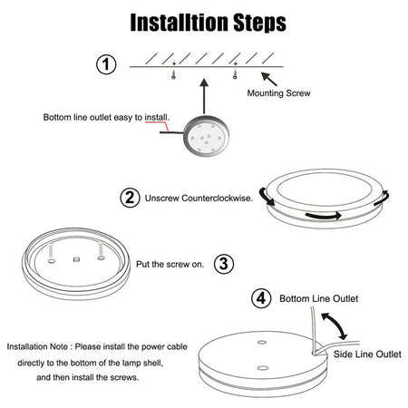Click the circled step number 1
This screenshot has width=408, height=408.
(106, 64)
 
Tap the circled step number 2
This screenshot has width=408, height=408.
(130, 198)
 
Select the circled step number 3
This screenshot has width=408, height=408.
(224, 264)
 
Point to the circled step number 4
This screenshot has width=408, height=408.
(261, 298)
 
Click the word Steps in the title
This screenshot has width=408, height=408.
(260, 23)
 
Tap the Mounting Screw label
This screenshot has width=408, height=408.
(278, 93)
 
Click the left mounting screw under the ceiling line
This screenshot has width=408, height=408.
(173, 73)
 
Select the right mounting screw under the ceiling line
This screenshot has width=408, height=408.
(235, 73)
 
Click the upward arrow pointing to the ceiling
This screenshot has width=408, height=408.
(204, 96)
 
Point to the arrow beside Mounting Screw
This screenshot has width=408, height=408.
(269, 79)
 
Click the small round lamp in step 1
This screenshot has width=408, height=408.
(207, 136)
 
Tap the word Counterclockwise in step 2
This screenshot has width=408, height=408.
(217, 199)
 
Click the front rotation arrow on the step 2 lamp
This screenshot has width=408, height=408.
(324, 216)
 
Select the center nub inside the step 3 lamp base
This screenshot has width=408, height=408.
(77, 259)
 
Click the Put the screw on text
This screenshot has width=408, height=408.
(170, 264)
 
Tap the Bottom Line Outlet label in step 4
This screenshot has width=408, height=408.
(319, 298)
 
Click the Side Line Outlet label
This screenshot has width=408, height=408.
(367, 354)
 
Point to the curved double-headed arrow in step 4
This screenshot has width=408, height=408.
(336, 325)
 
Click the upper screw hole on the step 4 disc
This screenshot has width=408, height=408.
(262, 343)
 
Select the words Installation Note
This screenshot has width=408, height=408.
(37, 346)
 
